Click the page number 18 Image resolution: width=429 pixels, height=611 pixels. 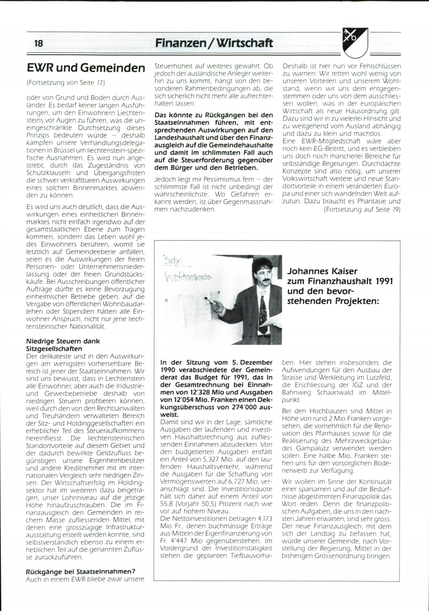point(39,43)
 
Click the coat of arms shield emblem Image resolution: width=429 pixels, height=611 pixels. point(355,42)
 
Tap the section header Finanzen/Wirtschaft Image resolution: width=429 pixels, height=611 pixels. point(214,43)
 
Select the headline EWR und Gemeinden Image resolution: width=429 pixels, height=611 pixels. point(86,68)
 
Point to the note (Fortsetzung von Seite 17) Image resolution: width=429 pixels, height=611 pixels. point(65,83)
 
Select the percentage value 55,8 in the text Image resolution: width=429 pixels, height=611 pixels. point(167,504)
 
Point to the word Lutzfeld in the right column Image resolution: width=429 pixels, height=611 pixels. point(379,377)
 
